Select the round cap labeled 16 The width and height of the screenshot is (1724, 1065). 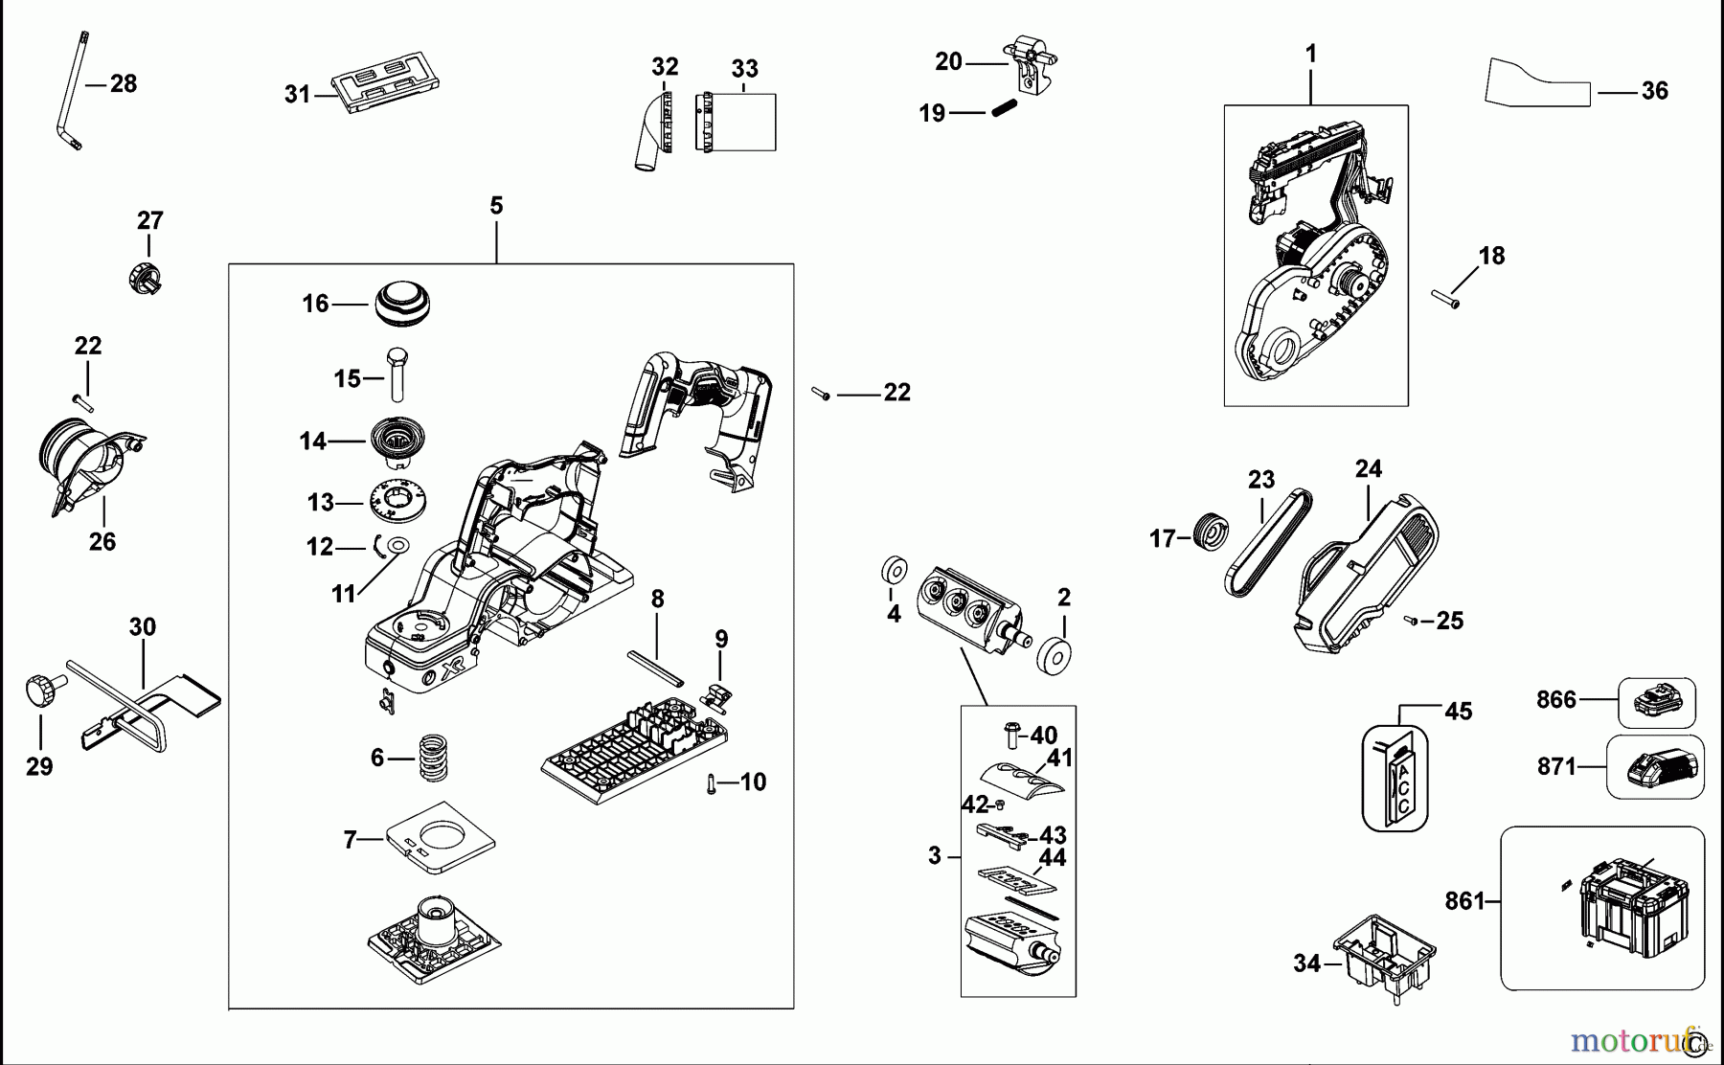(x=402, y=303)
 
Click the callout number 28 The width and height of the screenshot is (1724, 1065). (x=124, y=84)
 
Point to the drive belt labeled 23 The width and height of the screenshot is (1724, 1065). (x=1268, y=543)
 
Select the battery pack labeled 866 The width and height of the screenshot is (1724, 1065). (x=1657, y=702)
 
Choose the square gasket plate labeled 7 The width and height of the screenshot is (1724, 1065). (x=441, y=838)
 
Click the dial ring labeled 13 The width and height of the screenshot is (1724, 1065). (x=397, y=501)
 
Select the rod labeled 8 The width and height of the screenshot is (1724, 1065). (x=655, y=668)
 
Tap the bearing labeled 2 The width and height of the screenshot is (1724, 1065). (x=1055, y=657)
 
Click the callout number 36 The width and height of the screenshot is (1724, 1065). (x=1655, y=91)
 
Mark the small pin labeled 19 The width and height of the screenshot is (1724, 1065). (x=1003, y=108)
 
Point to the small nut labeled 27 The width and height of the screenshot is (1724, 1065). (x=145, y=277)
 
